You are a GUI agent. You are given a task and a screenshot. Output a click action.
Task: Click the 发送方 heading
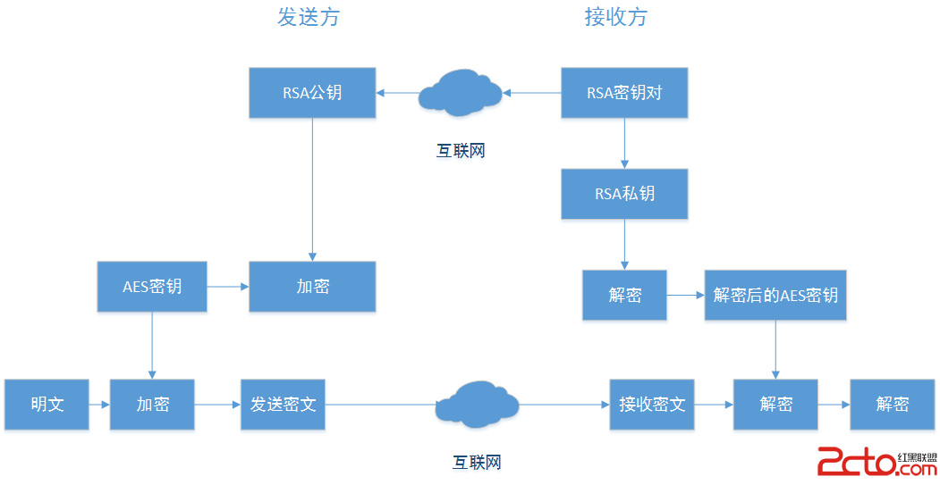click(x=309, y=18)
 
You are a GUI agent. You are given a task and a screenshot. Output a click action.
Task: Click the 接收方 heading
click(x=615, y=18)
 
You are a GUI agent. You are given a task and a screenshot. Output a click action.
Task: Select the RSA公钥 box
click(x=312, y=92)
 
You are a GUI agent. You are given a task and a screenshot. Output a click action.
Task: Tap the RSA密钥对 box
click(x=624, y=92)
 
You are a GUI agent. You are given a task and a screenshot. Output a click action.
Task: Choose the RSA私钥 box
click(x=624, y=193)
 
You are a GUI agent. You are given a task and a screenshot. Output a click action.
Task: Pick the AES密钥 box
click(x=152, y=287)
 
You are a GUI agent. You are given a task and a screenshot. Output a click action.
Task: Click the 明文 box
click(x=47, y=404)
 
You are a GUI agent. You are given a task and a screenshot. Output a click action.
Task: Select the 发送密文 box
click(x=283, y=404)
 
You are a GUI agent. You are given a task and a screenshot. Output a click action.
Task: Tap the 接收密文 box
click(x=652, y=404)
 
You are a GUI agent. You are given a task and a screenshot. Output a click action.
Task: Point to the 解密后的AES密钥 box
click(x=775, y=295)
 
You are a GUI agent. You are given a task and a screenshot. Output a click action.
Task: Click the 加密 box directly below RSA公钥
click(x=312, y=287)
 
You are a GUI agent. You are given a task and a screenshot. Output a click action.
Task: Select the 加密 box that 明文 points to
click(x=152, y=404)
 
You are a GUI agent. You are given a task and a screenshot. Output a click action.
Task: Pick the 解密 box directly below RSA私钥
click(x=624, y=295)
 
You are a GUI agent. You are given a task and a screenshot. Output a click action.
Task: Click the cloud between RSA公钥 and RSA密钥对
click(x=461, y=91)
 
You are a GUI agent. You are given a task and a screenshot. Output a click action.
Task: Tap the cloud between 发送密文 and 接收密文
click(x=477, y=404)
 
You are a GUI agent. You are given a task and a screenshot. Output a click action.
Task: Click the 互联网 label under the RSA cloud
click(x=461, y=151)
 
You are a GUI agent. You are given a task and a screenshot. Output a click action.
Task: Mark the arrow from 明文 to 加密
click(x=99, y=405)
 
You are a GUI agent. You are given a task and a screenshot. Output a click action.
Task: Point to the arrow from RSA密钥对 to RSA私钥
click(x=624, y=143)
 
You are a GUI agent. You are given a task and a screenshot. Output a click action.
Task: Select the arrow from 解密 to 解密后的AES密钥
click(x=686, y=295)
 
